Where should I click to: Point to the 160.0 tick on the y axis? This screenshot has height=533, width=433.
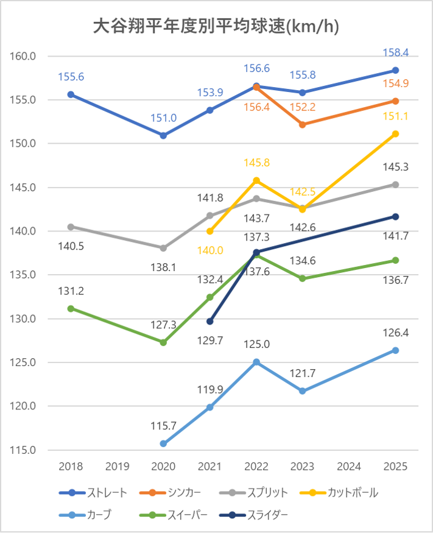coord(24,56)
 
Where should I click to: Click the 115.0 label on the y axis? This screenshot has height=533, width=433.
coord(24,450)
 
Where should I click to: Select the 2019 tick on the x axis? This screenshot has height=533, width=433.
coord(117,467)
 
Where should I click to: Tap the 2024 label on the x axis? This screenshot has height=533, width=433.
coord(349,467)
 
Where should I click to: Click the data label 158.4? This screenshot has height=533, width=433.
coord(395,52)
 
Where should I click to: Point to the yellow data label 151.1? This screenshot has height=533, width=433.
coord(395,116)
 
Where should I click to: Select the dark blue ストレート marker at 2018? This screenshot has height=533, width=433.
coord(71,94)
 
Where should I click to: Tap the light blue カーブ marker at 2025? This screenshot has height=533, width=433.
coord(395,350)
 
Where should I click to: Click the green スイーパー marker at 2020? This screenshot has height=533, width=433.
coord(163,342)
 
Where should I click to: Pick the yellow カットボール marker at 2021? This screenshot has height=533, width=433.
coord(210,231)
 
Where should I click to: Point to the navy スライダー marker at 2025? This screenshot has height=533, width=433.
coord(395,216)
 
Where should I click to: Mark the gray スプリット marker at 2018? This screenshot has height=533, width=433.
coord(71,227)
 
